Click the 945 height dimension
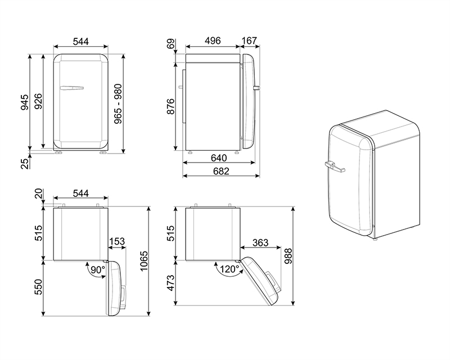[x=25, y=102]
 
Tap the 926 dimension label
[x=38, y=101]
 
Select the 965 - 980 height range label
[x=118, y=104]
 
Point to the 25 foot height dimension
[x=25, y=164]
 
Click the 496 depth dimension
[x=213, y=40]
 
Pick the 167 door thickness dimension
[x=249, y=40]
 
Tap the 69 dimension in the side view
[x=170, y=44]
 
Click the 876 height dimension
[x=170, y=106]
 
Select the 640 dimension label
[x=219, y=158]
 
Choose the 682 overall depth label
[x=221, y=171]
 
